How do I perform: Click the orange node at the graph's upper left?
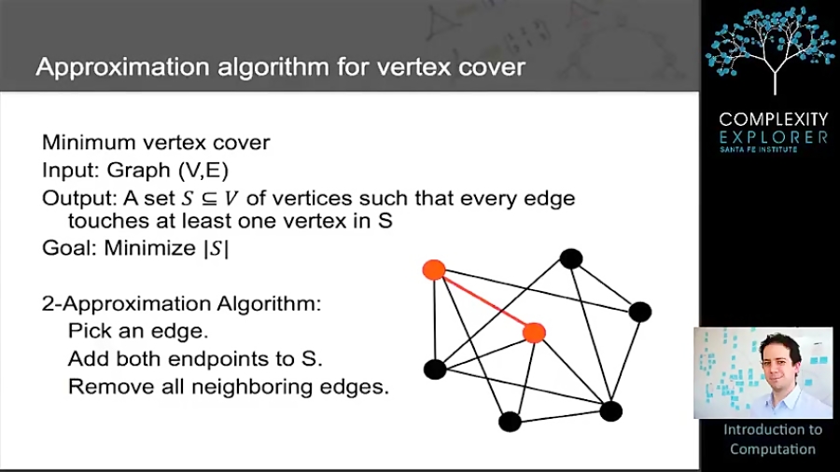pos(433,270)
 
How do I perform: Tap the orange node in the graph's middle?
pos(533,332)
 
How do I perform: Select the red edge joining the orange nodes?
pos(483,300)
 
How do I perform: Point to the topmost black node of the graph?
pos(571,258)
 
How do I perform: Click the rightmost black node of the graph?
pos(639,312)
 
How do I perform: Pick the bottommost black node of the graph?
pos(510,422)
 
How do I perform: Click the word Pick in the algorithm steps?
pos(88,331)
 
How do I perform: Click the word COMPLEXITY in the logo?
pos(773,119)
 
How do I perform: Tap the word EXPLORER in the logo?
pos(773,137)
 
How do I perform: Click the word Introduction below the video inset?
pos(773,430)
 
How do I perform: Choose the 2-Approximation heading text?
pos(182,305)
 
